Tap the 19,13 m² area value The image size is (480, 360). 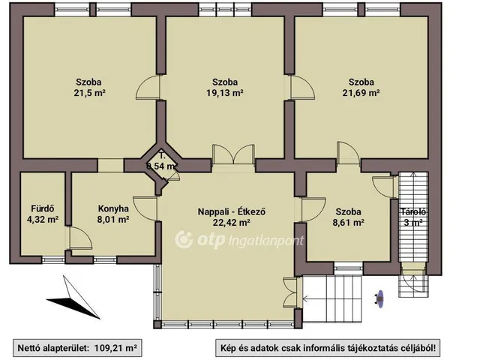(x=225, y=93)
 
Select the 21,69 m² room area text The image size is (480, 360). (x=361, y=93)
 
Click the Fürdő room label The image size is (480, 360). (x=43, y=208)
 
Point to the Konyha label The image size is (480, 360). (x=113, y=208)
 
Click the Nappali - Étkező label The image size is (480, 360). (x=232, y=211)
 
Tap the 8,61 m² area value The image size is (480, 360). (x=348, y=222)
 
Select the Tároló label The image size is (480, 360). (x=413, y=211)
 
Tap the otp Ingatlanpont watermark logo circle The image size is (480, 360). (x=184, y=240)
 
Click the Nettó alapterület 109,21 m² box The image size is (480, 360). (x=77, y=348)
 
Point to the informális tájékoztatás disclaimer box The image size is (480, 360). (x=328, y=348)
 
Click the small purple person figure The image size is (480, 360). (x=379, y=298)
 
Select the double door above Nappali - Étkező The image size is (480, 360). (x=233, y=154)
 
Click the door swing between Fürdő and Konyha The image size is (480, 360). (x=80, y=238)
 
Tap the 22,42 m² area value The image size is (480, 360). (x=232, y=222)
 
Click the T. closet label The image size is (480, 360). (x=162, y=155)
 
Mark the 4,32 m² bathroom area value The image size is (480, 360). (x=43, y=220)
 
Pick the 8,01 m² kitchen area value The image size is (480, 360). (x=113, y=220)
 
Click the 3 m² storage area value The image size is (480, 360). (x=413, y=223)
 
